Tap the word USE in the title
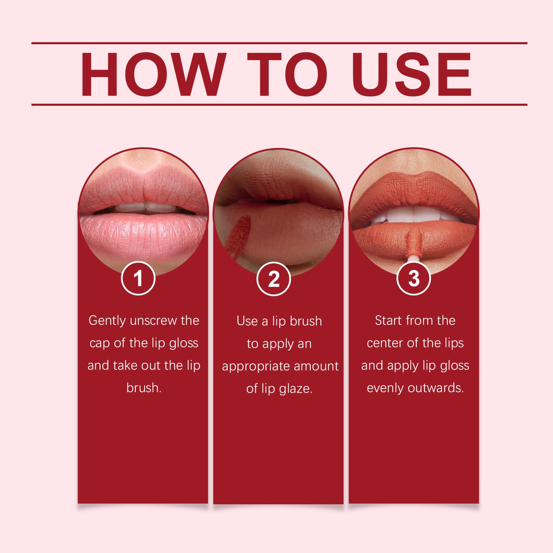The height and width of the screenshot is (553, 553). coord(412,75)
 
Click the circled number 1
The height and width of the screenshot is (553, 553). coord(138,278)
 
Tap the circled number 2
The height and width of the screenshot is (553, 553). coord(273,279)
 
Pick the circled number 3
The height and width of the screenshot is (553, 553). coord(413,278)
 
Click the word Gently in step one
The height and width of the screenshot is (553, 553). coord(107,321)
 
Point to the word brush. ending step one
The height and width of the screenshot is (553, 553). coord(144,388)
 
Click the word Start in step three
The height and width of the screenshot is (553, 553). coord(388,320)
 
